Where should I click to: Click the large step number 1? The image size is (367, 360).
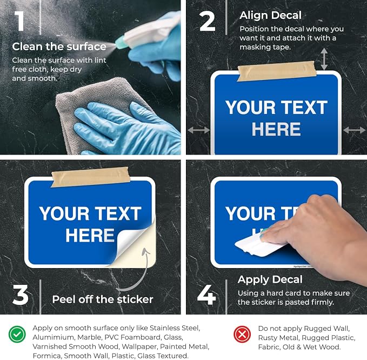point(19,21)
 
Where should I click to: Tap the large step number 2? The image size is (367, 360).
point(208,21)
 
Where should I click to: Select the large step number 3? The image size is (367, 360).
point(21,295)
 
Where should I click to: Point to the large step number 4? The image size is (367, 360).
point(206,295)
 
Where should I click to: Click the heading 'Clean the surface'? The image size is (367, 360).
point(59,46)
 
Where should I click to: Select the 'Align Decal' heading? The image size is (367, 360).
point(270,16)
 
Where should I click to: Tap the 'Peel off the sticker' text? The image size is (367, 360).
point(103,299)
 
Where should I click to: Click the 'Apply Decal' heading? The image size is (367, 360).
point(270,279)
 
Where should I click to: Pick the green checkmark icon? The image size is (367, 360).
point(17,334)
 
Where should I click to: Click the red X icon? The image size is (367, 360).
point(242,334)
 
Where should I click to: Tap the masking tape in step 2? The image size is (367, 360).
point(277,71)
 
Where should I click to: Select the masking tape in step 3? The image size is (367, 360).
point(90,177)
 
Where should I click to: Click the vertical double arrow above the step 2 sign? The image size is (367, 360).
point(324,59)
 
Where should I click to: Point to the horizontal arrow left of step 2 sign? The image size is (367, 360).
point(199,130)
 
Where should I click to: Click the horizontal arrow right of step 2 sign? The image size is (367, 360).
point(355,130)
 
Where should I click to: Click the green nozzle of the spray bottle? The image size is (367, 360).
point(120,42)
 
